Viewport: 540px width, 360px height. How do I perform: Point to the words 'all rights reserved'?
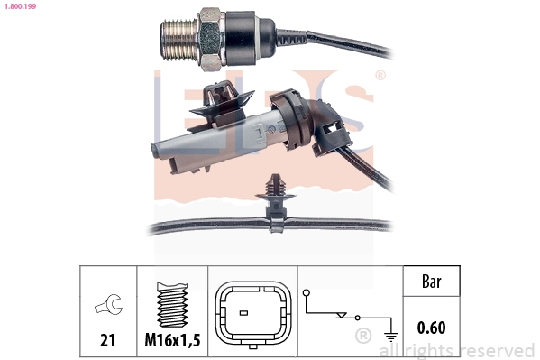[x=457, y=350]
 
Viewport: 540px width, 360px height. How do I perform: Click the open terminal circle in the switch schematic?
[x=307, y=292]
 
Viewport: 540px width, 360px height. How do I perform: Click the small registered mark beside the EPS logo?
[x=380, y=76]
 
